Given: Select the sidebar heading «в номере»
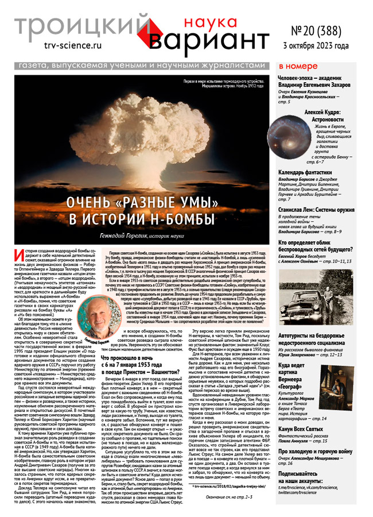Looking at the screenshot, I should coord(297,66).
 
